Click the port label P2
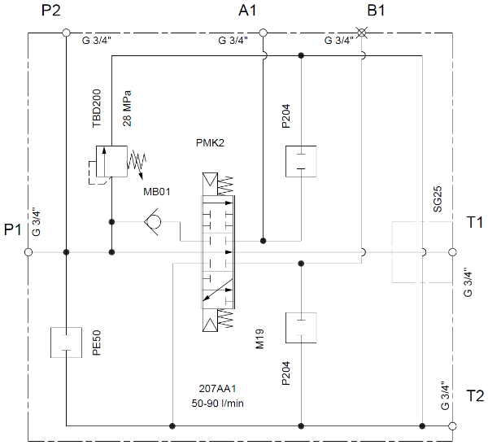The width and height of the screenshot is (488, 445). point(51,11)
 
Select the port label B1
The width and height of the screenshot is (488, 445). point(376,11)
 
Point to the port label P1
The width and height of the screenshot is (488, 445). point(12,230)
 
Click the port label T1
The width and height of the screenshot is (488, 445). point(475,221)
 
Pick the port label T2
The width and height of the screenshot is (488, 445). point(475,396)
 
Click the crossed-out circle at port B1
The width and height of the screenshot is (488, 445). point(363,33)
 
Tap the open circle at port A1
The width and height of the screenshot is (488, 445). point(263,33)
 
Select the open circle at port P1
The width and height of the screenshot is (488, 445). point(28,252)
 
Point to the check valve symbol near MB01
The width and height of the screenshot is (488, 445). point(151,221)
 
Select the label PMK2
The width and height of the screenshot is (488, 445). point(210,143)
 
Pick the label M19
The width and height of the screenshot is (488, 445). point(260,337)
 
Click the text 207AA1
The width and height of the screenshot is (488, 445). point(216,388)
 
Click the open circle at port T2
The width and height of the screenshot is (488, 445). point(453,425)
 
